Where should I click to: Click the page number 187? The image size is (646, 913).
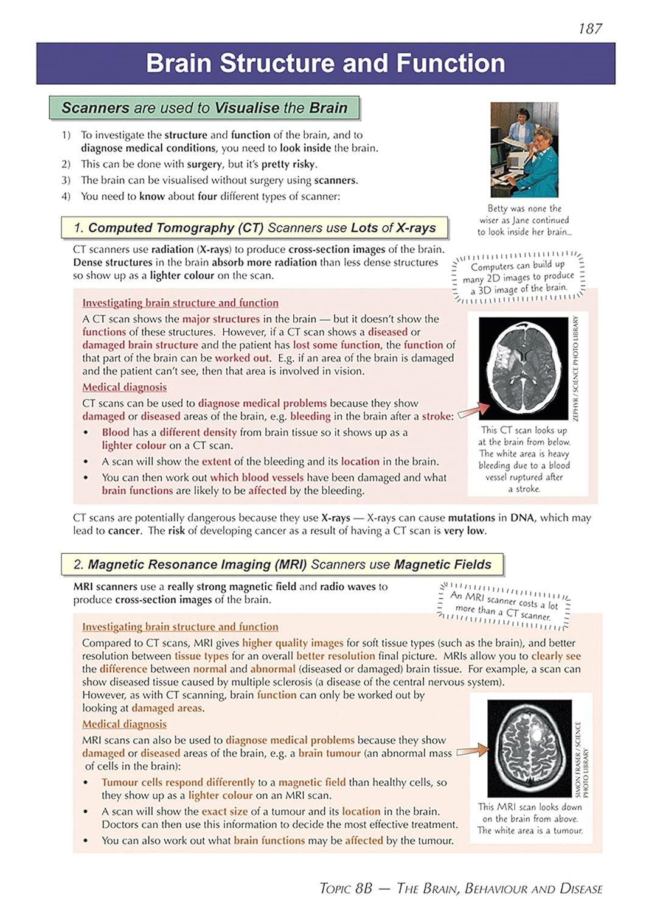pos(589,29)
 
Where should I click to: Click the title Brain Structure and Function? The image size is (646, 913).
pos(325,63)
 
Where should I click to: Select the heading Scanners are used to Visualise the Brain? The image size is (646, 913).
pos(204,108)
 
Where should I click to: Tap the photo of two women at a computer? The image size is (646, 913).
pos(524,150)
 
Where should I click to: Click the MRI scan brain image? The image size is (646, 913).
pos(530,748)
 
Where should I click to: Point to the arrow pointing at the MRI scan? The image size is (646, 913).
pos(472,751)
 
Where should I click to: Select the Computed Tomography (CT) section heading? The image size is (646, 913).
pos(254,228)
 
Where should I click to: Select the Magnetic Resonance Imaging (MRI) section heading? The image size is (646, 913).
pos(282,564)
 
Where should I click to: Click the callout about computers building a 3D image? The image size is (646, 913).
pos(519,277)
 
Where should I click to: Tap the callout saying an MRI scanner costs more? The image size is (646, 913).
pos(504,606)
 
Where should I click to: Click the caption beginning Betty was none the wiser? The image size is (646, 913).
pos(524,220)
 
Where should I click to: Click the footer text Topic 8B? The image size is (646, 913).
pos(346,888)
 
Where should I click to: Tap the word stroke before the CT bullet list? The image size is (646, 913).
pos(437,416)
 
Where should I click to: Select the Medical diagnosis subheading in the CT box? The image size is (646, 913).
pos(124,387)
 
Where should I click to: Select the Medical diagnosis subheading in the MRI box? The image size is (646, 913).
pos(124,724)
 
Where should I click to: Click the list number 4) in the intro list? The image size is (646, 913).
pos(66,196)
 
